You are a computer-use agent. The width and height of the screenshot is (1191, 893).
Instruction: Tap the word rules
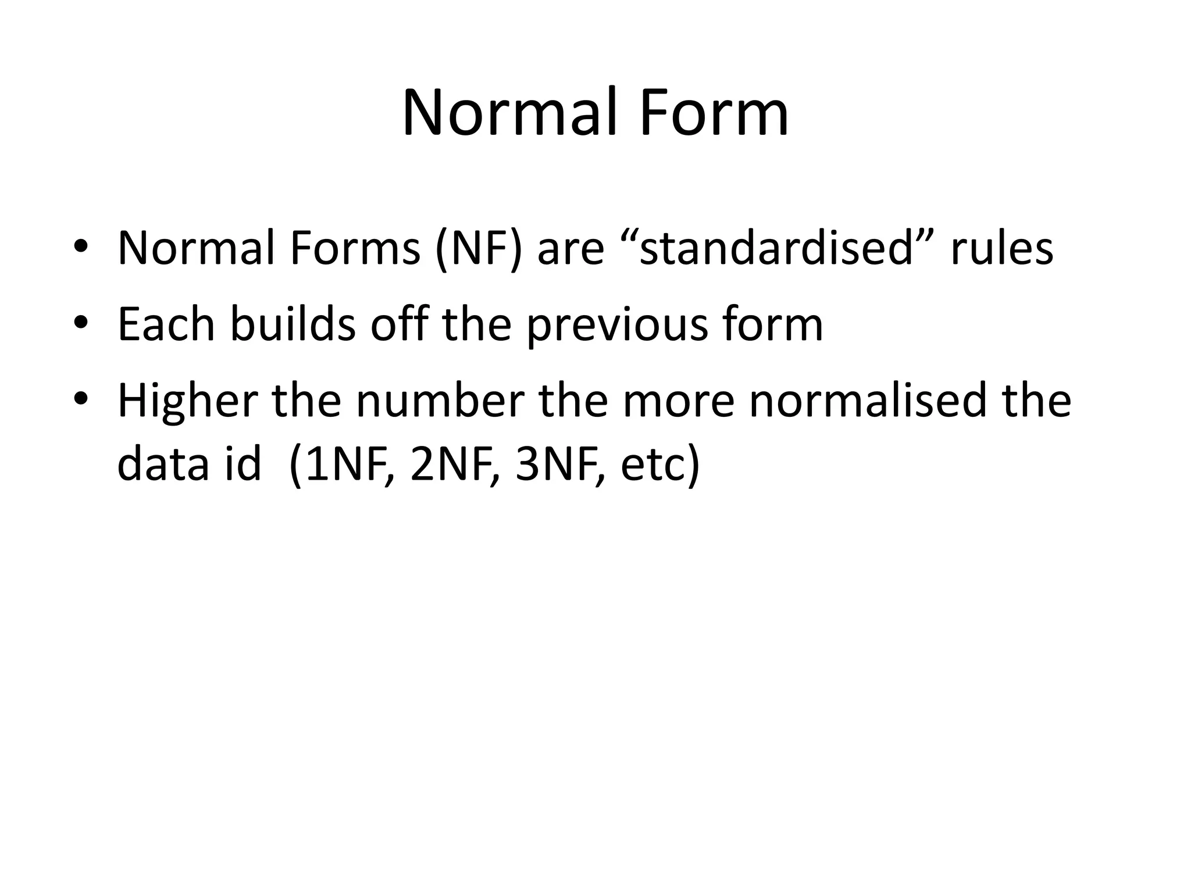[x=1001, y=249]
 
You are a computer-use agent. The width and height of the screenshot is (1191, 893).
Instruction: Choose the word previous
[x=616, y=326]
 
